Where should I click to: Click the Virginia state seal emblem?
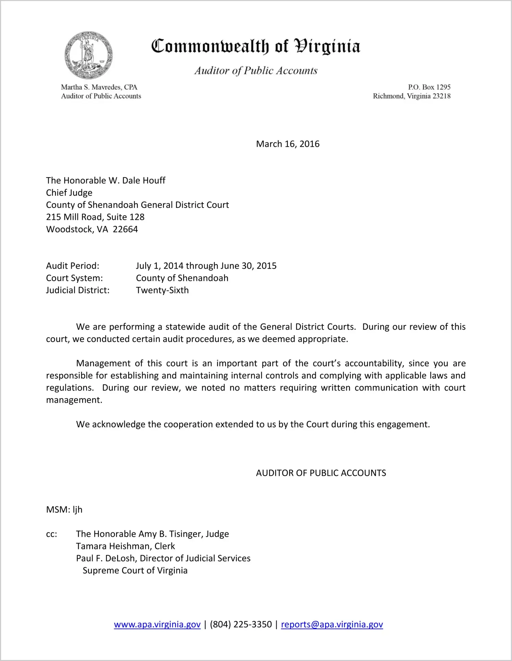point(88,55)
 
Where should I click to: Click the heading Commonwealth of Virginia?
point(256,46)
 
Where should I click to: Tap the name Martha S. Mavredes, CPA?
point(99,87)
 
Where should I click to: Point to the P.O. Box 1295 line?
point(429,87)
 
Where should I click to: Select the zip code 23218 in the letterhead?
point(441,96)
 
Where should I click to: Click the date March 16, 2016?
point(288,144)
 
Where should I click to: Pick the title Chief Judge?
point(69,193)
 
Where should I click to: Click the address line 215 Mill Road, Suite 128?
point(95,217)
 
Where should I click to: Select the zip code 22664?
point(125,229)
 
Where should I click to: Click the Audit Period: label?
point(73,266)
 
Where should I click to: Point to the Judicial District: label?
point(78,290)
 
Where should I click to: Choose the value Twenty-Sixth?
point(162,290)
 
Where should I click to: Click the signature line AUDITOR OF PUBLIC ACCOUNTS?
point(321,473)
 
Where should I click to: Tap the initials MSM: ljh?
point(64,510)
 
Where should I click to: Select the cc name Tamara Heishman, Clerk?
point(125,546)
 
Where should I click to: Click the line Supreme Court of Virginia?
point(135,571)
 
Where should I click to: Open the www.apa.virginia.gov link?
point(157,624)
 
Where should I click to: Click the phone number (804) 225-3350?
point(241,624)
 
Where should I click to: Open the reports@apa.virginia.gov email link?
point(332,624)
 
